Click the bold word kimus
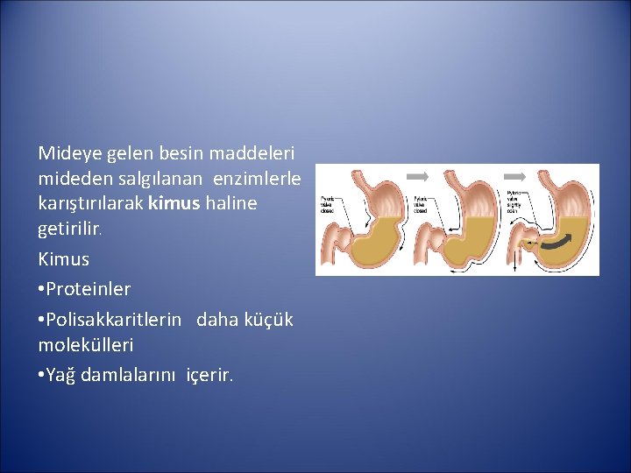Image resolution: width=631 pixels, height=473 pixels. [174, 204]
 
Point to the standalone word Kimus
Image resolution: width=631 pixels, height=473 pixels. [64, 260]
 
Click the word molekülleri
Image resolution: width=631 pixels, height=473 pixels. [86, 345]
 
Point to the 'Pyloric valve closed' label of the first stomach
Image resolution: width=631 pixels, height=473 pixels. [327, 203]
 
